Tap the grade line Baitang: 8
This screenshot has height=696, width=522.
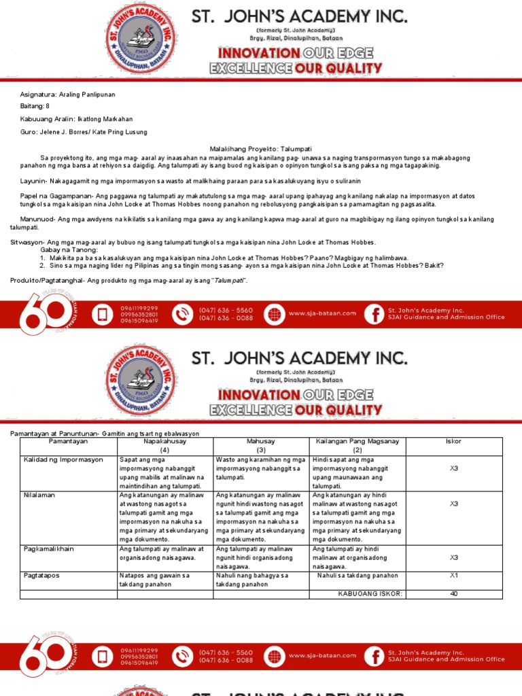(35, 107)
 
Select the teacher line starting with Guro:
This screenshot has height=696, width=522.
(84, 132)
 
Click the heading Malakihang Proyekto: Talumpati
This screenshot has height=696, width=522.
(260, 148)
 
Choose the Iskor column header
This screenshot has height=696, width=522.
(453, 441)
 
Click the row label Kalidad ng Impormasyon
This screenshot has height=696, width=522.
(63, 460)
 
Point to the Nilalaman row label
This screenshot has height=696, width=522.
(39, 495)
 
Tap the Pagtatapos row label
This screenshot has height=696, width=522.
(41, 576)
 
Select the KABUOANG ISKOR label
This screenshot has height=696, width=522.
(370, 593)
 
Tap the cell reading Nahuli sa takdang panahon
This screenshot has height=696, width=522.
(358, 576)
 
